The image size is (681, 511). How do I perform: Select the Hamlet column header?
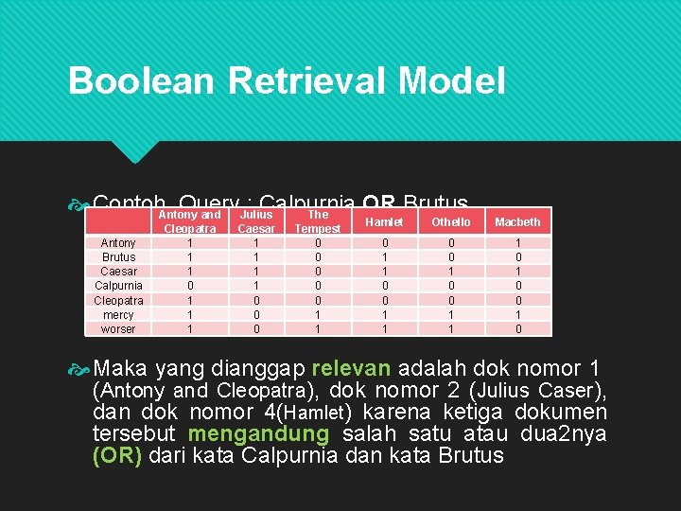tap(384, 221)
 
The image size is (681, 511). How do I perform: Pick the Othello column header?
tap(450, 221)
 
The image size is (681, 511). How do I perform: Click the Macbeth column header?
tap(517, 221)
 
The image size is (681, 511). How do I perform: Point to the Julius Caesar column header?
tap(255, 221)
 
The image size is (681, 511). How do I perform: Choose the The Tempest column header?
tap(317, 221)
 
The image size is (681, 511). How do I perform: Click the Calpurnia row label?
tap(118, 286)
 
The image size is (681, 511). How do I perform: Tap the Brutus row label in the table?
tap(118, 256)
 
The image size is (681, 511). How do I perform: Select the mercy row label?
tap(118, 314)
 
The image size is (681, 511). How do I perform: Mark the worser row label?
tap(118, 329)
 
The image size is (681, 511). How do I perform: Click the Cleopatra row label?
tap(118, 300)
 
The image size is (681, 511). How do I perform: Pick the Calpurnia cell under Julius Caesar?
tap(255, 286)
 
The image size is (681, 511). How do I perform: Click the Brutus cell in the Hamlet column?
tap(384, 256)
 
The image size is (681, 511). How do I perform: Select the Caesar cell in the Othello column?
tap(450, 272)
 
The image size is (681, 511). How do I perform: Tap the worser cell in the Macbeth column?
tap(517, 329)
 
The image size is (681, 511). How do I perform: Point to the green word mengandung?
tap(258, 433)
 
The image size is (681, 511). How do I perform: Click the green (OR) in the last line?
tap(118, 455)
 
